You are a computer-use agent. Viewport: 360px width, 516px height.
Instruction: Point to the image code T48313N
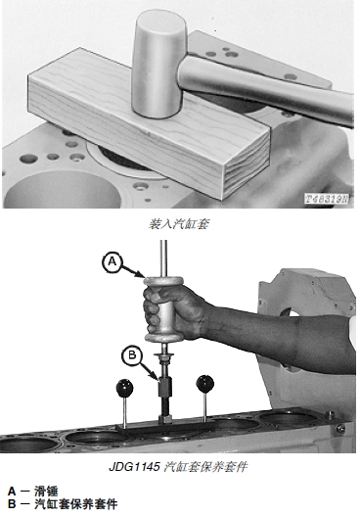(327, 199)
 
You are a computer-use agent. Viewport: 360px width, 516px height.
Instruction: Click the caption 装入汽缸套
(179, 224)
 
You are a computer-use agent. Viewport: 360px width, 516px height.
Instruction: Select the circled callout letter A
(112, 262)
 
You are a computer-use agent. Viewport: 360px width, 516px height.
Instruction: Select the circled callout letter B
(132, 355)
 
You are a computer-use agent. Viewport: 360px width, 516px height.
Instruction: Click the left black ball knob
(124, 388)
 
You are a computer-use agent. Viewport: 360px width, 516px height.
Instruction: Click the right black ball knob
(204, 384)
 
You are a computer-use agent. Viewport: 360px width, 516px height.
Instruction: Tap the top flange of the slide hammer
(163, 282)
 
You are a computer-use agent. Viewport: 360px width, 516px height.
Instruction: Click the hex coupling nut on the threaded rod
(164, 388)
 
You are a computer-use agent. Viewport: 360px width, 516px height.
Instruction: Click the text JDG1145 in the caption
(134, 466)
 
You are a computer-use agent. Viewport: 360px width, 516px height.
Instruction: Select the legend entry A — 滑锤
(32, 492)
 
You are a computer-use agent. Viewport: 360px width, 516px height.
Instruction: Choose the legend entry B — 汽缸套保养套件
(63, 504)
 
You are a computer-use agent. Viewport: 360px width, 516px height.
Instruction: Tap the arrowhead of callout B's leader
(157, 378)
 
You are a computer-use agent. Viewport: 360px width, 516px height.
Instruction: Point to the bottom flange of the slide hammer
(163, 337)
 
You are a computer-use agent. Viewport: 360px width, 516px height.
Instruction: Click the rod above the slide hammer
(163, 258)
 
